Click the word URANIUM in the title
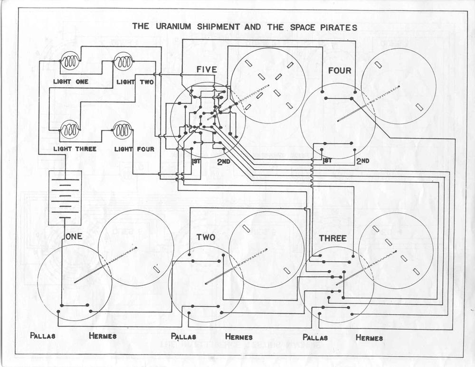click(173, 27)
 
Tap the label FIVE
click(207, 70)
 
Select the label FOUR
click(340, 71)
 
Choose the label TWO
click(206, 237)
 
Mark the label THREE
click(332, 238)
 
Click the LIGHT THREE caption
click(75, 149)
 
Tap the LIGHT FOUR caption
click(134, 149)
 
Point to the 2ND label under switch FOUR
click(362, 161)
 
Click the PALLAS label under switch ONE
click(43, 336)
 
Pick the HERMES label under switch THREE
click(369, 338)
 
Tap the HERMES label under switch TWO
click(239, 337)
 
